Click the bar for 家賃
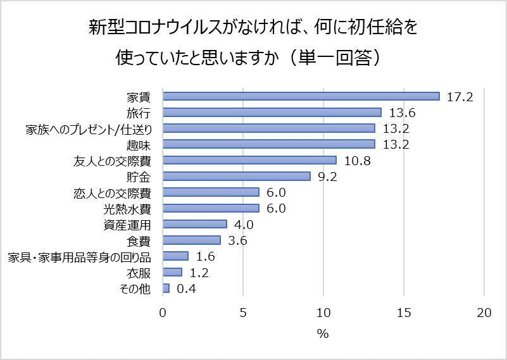pos(301,96)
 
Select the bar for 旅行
pos(272,112)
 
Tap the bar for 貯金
pos(237,176)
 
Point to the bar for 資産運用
pos(195,224)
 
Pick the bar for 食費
pos(192,240)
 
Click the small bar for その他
pos(166,289)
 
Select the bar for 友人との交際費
pos(249,160)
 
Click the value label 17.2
pos(459,97)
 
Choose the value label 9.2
pos(327,177)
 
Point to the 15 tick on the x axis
pos(404,313)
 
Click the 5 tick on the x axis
pos(243,313)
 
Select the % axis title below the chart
pos(323,334)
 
